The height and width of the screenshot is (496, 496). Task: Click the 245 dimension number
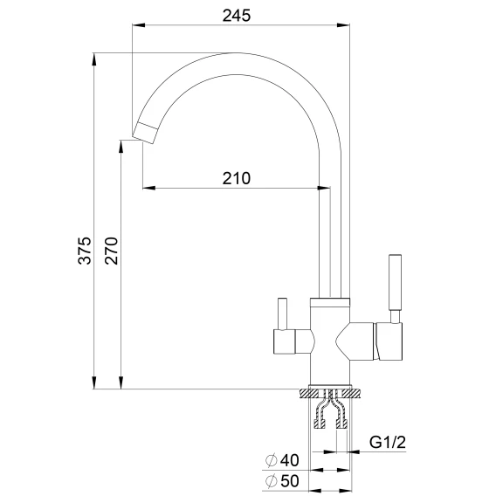tap(237, 16)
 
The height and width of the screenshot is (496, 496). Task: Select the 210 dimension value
tap(237, 178)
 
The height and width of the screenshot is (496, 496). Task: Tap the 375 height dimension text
tap(85, 251)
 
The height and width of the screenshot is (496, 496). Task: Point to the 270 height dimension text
tap(112, 251)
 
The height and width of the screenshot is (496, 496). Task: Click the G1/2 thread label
tap(387, 442)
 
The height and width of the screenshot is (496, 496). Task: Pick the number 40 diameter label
tap(289, 460)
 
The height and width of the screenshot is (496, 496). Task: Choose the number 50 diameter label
tap(289, 481)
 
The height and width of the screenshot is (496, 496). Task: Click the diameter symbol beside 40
tap(271, 460)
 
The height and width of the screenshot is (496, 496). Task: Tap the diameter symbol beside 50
tap(271, 481)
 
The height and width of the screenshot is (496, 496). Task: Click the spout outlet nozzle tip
tap(145, 133)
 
